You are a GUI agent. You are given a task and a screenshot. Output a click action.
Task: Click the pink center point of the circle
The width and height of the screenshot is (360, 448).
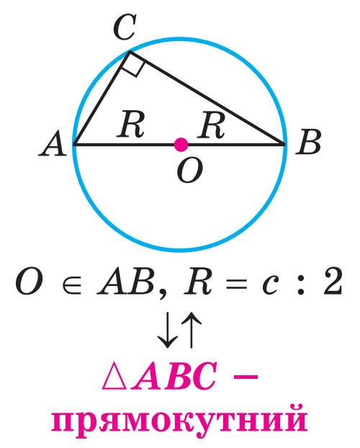coord(181,145)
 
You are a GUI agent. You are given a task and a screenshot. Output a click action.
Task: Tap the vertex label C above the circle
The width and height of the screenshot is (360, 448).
coord(125,27)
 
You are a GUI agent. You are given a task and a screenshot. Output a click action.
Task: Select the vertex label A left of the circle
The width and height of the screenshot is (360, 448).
coord(53,143)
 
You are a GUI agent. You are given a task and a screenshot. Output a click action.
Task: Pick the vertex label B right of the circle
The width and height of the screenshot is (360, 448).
coord(308,142)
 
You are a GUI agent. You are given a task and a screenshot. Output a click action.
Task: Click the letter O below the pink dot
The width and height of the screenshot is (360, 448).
coord(189,170)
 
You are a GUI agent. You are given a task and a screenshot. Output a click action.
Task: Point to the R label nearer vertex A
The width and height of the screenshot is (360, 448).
coord(130,124)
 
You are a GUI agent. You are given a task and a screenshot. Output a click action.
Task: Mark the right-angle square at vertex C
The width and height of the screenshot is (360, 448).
coord(132,64)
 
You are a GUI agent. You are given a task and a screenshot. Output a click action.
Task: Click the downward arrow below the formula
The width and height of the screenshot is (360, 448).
coord(168,330)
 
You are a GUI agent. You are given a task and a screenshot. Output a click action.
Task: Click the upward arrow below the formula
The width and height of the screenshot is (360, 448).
coord(192,330)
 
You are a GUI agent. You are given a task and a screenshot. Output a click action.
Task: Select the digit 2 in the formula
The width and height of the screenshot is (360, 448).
coord(333,281)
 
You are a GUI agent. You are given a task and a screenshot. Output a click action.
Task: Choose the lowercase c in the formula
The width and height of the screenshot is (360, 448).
coord(270,285)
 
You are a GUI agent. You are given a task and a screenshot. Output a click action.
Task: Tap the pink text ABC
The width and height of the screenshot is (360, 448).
coord(174,376)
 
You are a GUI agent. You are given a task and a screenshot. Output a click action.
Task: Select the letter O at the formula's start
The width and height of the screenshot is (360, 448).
coord(29,282)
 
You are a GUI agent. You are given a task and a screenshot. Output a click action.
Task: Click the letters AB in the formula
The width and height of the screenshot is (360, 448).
coord(126,282)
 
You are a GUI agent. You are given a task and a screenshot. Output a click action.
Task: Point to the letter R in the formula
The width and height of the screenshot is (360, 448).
coord(198,282)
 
